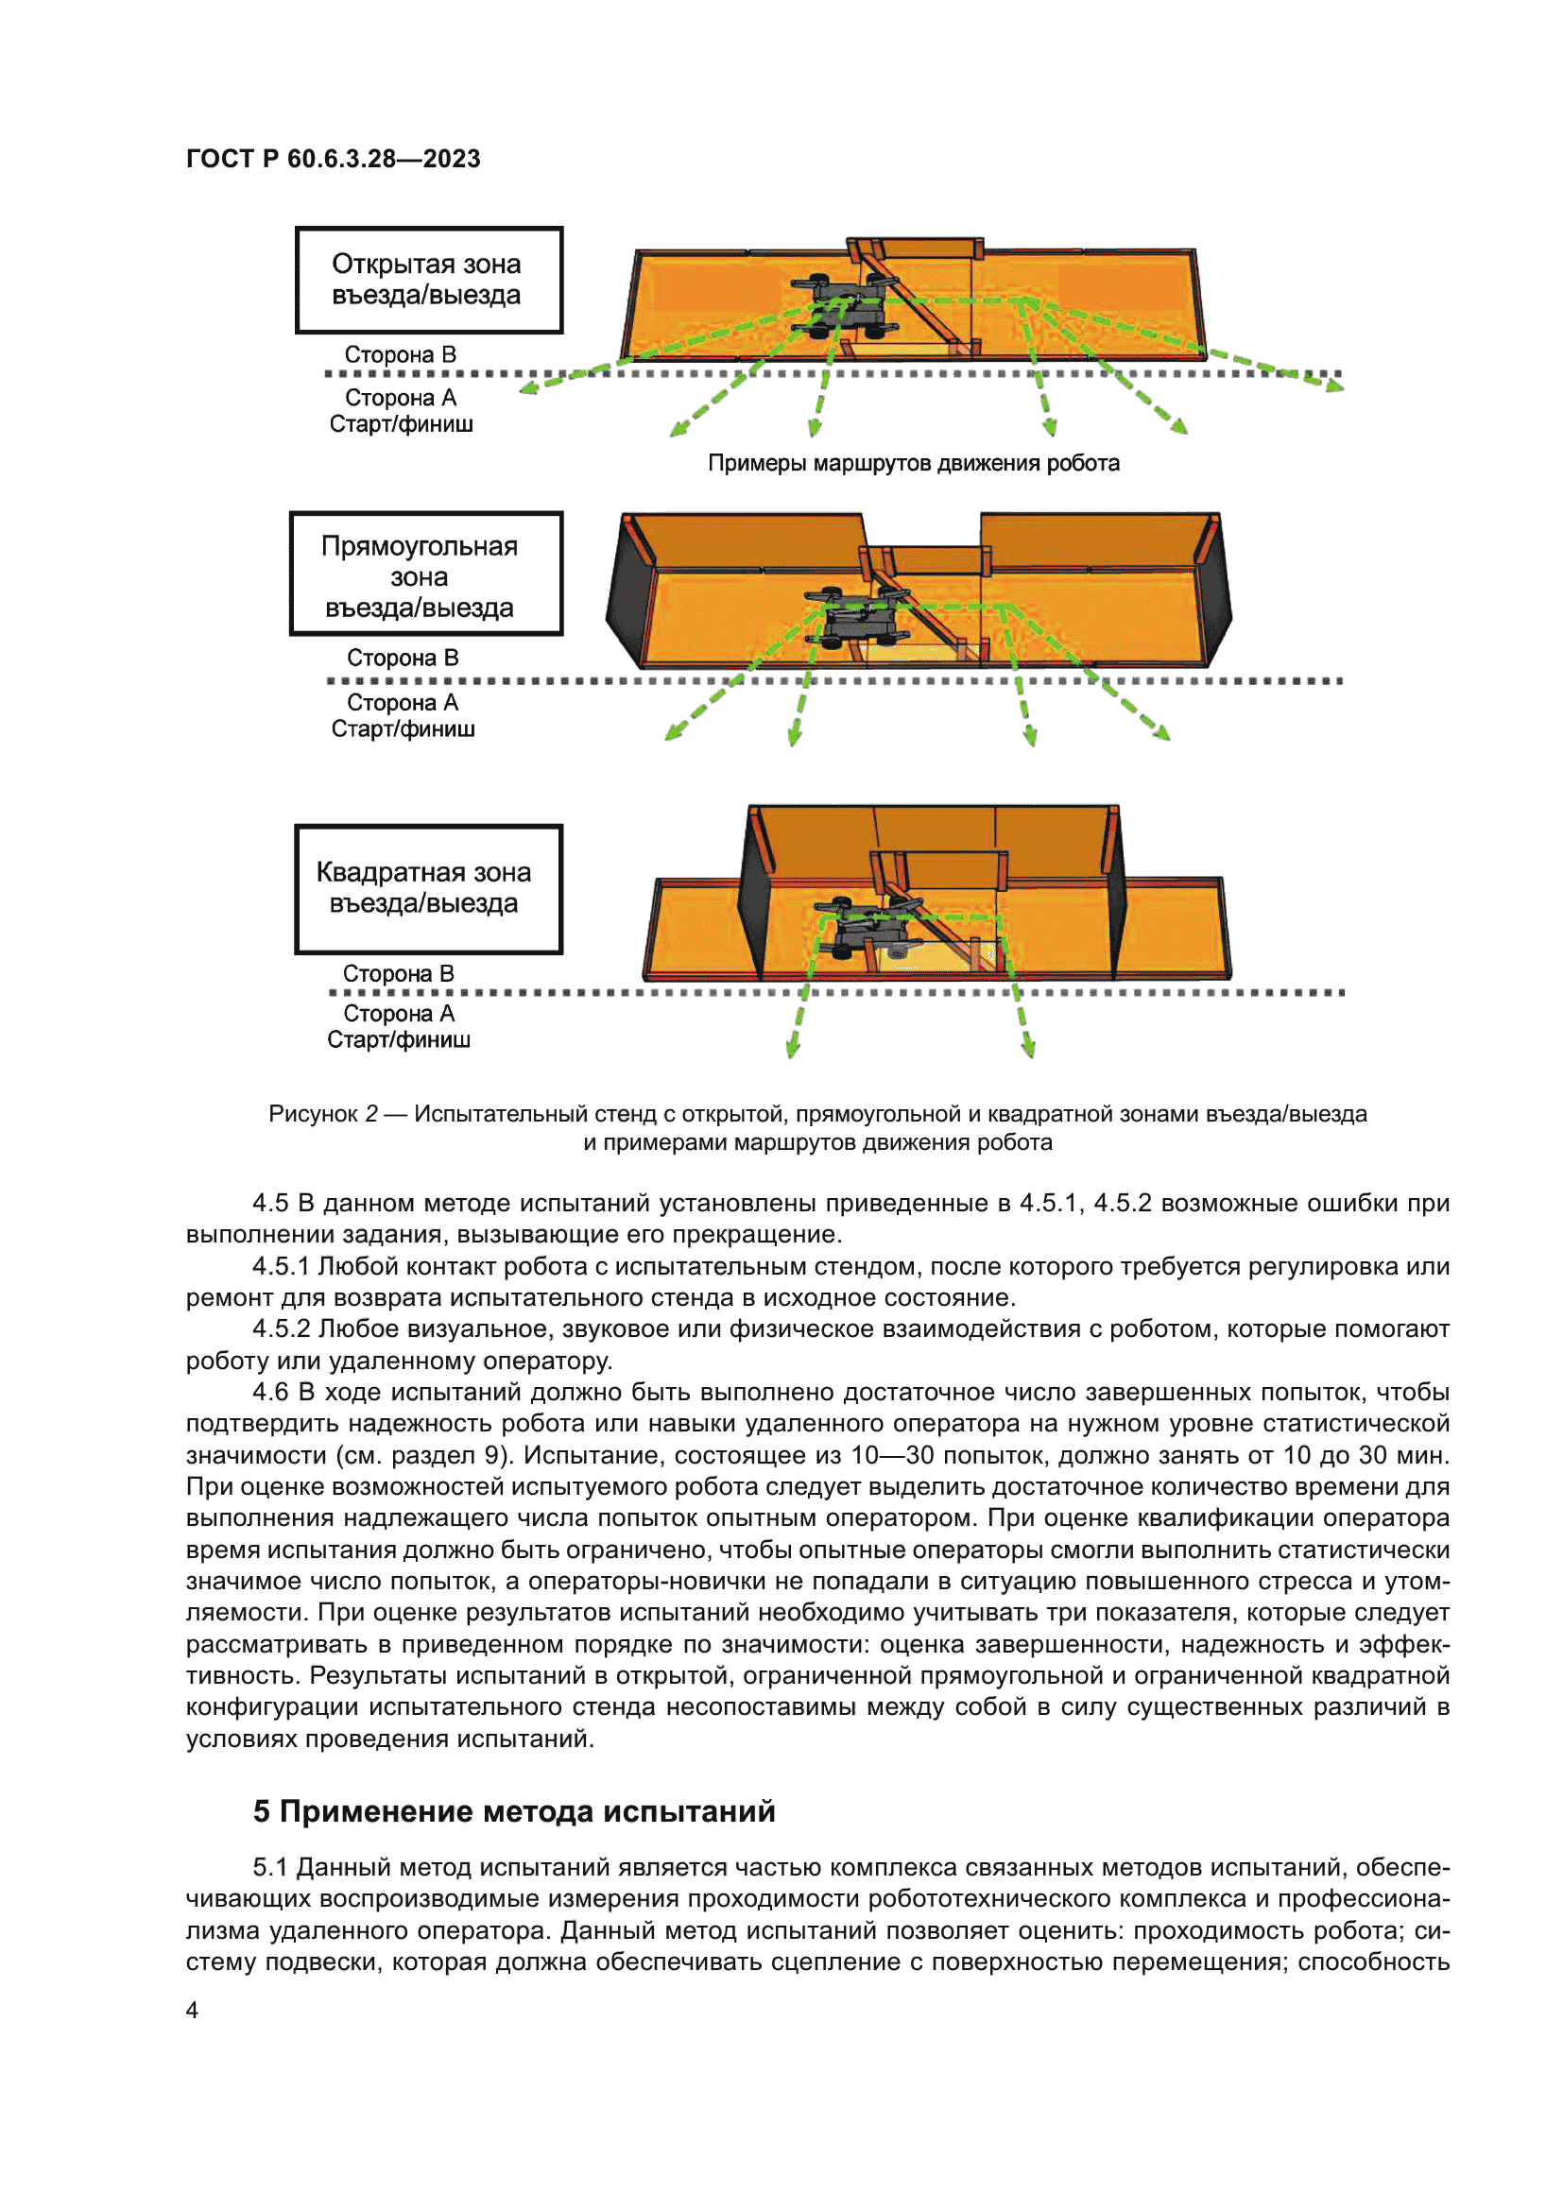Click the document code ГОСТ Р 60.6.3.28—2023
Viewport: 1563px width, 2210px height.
click(x=333, y=159)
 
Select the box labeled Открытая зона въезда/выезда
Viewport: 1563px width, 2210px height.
click(x=428, y=280)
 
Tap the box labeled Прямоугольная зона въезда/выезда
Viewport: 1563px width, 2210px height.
click(x=425, y=574)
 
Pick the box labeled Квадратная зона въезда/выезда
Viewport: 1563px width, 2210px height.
click(x=428, y=888)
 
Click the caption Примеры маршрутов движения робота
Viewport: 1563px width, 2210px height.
click(x=914, y=464)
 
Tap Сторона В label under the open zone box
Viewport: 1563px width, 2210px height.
click(x=401, y=355)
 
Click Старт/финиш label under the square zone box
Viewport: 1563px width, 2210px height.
click(x=399, y=1039)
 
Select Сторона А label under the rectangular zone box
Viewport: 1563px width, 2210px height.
click(x=403, y=703)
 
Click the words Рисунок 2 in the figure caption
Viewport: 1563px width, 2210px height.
click(x=322, y=1115)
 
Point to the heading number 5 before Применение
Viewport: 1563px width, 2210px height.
click(x=262, y=1811)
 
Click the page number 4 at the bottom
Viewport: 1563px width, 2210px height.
click(x=193, y=2010)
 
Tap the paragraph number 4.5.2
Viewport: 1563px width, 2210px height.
click(x=281, y=1329)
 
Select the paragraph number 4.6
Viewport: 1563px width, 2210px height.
click(x=269, y=1392)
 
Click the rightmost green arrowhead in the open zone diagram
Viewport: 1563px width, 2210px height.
click(x=1334, y=386)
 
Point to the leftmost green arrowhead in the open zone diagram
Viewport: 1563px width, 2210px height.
click(x=528, y=389)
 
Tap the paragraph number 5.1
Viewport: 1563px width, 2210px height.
click(x=269, y=1867)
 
